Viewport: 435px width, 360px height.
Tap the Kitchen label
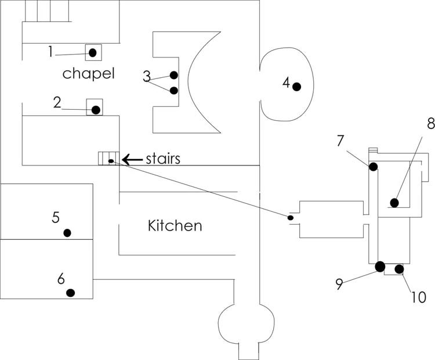click(x=175, y=225)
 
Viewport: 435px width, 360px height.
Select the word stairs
click(x=163, y=158)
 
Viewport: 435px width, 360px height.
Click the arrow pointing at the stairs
click(x=132, y=158)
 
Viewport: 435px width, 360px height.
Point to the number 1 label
click(x=50, y=52)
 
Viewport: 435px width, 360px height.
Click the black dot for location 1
click(x=92, y=53)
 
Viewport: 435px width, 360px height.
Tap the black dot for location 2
click(x=96, y=110)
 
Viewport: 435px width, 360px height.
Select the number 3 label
click(x=147, y=76)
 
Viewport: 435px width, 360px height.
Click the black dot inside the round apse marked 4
click(x=297, y=87)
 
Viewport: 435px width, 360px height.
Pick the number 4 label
click(x=286, y=82)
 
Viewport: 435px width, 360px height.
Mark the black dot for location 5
click(x=67, y=233)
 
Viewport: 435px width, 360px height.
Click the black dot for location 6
click(x=71, y=293)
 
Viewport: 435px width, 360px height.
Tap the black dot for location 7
click(x=373, y=167)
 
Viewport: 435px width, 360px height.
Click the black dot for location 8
click(x=394, y=203)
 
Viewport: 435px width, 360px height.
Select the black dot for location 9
click(x=380, y=267)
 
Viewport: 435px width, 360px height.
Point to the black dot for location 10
click(x=399, y=269)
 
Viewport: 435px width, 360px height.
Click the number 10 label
click(x=418, y=297)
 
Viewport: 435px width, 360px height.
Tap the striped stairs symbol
click(x=108, y=158)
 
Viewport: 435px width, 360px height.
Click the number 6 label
click(x=61, y=279)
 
